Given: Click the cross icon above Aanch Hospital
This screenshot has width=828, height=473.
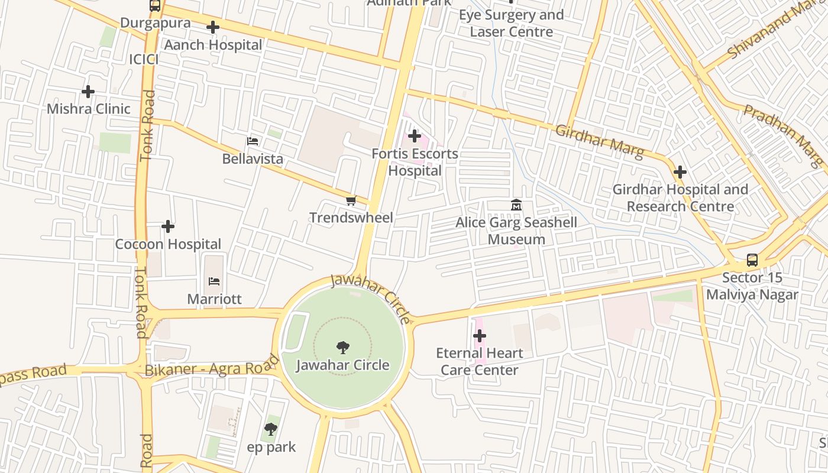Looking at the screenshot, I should click(x=213, y=27).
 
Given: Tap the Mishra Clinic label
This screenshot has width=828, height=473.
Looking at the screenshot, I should click(x=88, y=109).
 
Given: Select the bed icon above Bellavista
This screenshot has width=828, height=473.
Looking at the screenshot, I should click(x=253, y=141).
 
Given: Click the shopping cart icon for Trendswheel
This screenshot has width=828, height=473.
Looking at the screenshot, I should click(x=351, y=201).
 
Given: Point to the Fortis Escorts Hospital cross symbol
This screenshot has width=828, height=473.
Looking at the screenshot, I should click(x=415, y=137).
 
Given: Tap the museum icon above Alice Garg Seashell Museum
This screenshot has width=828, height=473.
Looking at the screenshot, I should click(x=516, y=205).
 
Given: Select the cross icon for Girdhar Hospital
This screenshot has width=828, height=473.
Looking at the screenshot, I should click(x=680, y=172).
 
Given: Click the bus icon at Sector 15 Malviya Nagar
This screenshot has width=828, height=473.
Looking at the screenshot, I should click(x=752, y=260).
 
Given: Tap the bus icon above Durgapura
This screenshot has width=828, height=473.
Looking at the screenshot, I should click(x=155, y=6).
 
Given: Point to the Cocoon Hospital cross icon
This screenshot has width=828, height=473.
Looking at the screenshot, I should click(x=168, y=226).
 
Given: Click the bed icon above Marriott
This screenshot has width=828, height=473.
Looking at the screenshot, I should click(x=214, y=281).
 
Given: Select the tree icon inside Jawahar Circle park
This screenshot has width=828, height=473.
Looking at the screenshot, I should click(x=342, y=347).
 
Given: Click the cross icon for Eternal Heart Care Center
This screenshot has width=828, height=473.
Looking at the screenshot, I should click(x=480, y=336).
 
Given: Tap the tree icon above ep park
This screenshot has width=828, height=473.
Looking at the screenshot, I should click(x=271, y=429).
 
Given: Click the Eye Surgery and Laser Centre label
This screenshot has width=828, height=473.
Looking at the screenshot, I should click(x=512, y=23).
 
